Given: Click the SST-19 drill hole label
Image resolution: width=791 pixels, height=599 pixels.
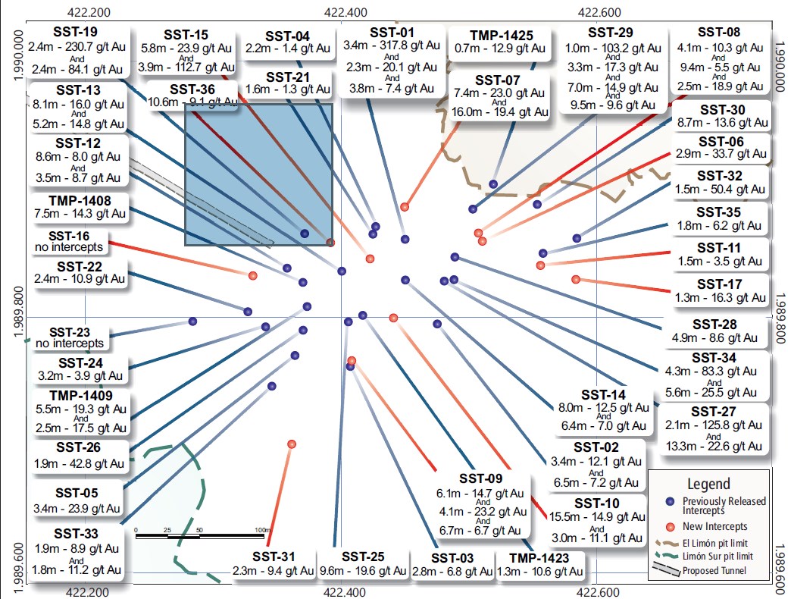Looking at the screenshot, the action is (75, 31).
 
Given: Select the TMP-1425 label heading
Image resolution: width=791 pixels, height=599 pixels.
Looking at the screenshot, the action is (501, 36).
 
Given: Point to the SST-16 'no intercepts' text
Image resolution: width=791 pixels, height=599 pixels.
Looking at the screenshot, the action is (69, 246).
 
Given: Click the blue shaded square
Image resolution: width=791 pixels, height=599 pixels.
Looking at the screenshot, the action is (259, 174).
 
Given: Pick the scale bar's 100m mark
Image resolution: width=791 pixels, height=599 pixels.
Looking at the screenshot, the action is (262, 530).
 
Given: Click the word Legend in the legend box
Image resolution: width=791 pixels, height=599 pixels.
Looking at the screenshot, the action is (708, 484).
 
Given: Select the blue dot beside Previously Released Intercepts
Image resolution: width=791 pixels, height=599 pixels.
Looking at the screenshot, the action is (670, 502).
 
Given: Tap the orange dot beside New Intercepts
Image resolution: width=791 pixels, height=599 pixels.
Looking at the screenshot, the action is (670, 527).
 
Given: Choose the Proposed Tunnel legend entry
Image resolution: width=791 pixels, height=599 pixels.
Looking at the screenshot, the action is (714, 571).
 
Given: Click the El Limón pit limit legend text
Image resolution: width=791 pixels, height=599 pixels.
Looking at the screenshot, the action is (714, 544).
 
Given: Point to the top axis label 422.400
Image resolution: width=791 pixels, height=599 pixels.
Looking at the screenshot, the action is (345, 12).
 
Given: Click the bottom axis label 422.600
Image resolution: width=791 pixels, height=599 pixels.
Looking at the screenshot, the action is (599, 592).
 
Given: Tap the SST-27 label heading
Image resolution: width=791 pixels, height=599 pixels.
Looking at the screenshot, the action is (713, 411).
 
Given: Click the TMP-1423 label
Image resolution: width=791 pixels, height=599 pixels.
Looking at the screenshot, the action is (539, 558).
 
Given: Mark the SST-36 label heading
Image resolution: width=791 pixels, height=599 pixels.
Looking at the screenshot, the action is (192, 89).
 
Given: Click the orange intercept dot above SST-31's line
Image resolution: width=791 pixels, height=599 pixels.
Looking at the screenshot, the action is (292, 444).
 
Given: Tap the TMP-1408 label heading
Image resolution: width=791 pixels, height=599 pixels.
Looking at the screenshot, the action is (80, 201).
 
